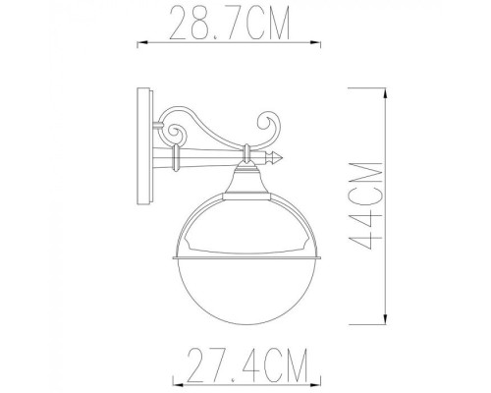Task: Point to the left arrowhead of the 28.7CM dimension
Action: pos(138,43)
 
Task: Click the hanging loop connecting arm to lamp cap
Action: pos(245,154)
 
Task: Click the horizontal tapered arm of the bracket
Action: pos(211,156)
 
